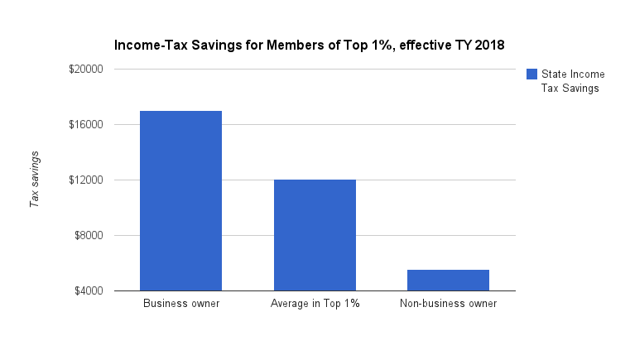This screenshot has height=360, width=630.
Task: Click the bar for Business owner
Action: tap(180, 200)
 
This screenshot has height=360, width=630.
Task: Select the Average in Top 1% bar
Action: tap(315, 235)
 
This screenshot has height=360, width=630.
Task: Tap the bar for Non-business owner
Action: tap(449, 281)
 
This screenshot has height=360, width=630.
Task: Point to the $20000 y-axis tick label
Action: tap(86, 70)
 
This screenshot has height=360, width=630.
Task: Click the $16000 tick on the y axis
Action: tap(86, 125)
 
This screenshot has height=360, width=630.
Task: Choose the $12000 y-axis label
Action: tap(86, 180)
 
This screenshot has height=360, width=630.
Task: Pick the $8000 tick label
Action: tap(89, 236)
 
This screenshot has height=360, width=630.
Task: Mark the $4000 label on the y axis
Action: tap(89, 291)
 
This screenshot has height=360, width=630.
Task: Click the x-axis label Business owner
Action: tap(181, 304)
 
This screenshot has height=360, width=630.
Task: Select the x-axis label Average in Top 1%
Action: tap(315, 304)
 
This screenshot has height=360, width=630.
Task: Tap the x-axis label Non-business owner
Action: tap(449, 304)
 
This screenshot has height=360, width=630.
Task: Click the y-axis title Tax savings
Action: tap(35, 180)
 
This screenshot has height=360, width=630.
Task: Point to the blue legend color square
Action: tap(531, 74)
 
